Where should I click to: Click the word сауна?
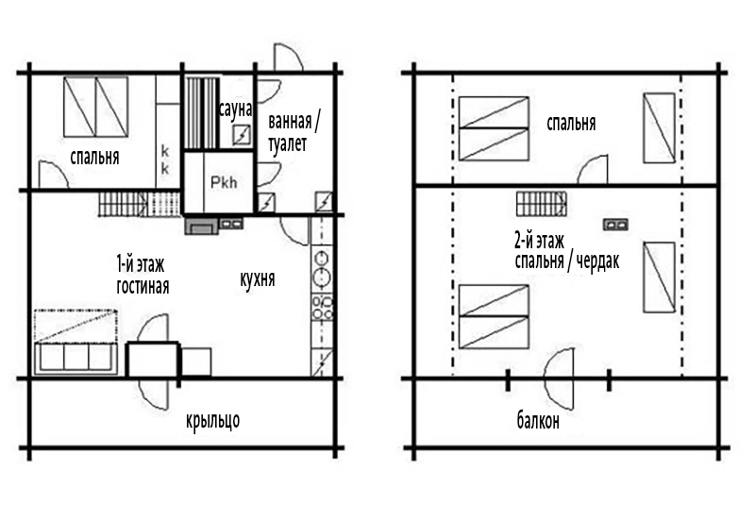[x=235, y=109]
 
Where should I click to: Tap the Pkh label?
[x=224, y=182]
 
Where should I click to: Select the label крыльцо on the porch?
[x=213, y=421]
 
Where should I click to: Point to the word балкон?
[x=538, y=421]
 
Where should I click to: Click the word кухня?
[x=258, y=278]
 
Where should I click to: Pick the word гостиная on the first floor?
[x=143, y=286]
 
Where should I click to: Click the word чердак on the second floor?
[x=597, y=261]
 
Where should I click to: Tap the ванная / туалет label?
[x=294, y=132]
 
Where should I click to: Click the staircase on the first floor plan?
[x=139, y=204]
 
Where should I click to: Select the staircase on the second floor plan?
[x=542, y=204]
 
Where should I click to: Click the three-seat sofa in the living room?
[x=75, y=359]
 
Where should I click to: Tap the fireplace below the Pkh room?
[x=202, y=226]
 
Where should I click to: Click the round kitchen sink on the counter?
[x=321, y=277]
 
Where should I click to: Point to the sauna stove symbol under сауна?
[x=242, y=135]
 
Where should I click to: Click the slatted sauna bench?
[x=202, y=112]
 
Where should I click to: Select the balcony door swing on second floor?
[x=559, y=378]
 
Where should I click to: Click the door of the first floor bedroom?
[x=53, y=175]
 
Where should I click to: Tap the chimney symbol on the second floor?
[x=616, y=225]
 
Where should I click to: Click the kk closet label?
[x=164, y=160]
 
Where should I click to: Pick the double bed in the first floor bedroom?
[x=96, y=107]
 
